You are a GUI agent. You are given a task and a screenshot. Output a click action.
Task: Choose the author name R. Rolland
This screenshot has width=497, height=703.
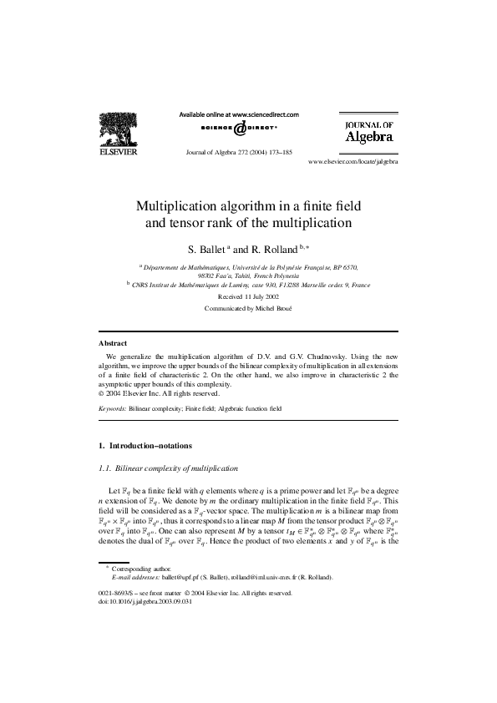point(273,249)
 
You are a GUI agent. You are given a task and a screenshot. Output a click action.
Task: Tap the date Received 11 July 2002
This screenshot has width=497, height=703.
point(248,296)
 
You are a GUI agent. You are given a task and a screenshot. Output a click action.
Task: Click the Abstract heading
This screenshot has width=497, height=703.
point(113,343)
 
